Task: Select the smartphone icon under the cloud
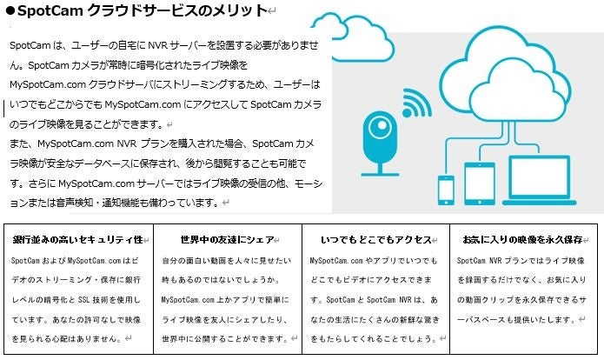pos(446,188)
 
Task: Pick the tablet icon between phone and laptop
pos(479,182)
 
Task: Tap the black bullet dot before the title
pos(8,11)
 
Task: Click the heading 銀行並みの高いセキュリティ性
pos(77,239)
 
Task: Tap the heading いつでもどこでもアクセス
pos(376,239)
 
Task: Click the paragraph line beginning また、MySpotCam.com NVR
pos(165,143)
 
